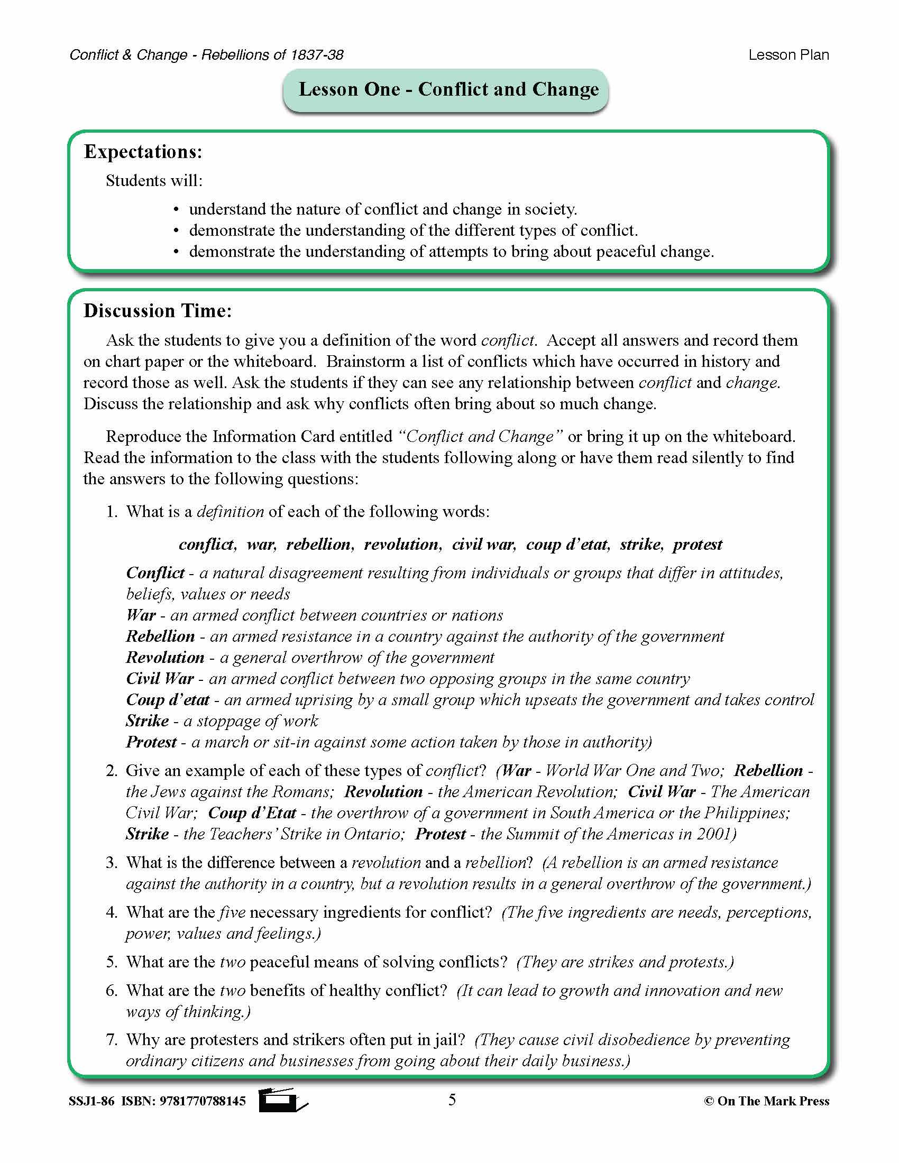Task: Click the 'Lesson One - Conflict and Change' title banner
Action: pos(448,89)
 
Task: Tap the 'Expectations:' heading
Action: pos(143,152)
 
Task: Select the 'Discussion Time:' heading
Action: pos(158,311)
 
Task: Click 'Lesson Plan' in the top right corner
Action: pos(788,55)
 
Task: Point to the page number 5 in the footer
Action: pos(452,1100)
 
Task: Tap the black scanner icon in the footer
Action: pos(281,1100)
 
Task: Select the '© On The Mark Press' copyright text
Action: pos(766,1101)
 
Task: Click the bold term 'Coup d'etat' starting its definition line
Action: pos(167,700)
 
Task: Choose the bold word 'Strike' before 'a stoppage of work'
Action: pos(147,721)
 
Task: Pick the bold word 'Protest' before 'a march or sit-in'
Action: pos(151,742)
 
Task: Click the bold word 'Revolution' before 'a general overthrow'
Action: pos(164,658)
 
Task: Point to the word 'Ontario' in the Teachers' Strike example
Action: pos(373,834)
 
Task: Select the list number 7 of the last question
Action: pos(111,1040)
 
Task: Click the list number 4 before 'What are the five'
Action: pos(111,912)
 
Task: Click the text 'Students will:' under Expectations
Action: pos(154,180)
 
